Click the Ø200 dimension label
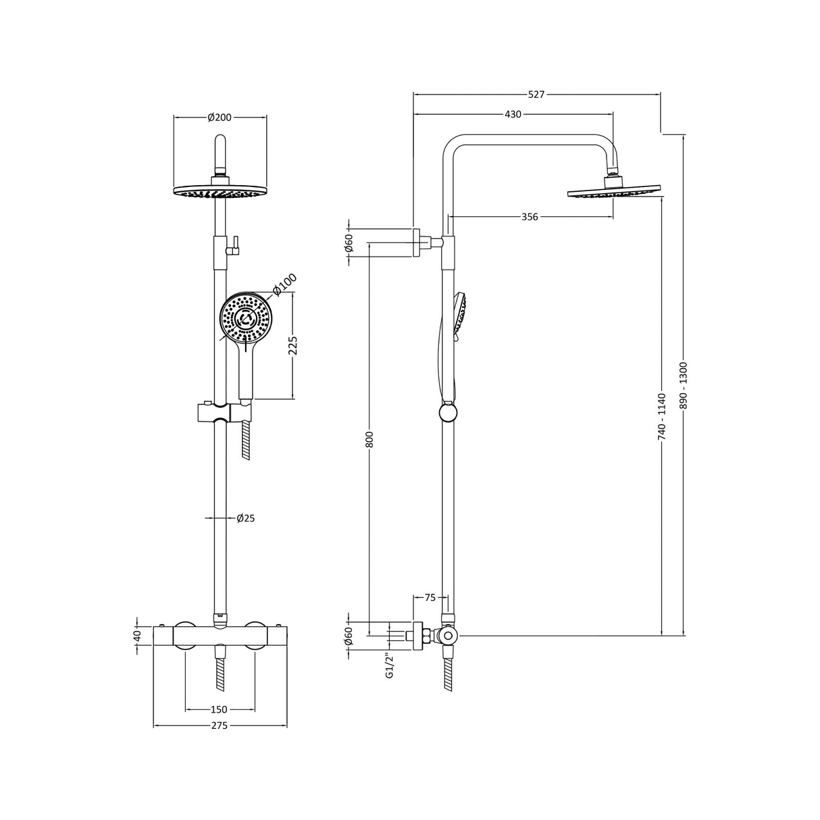(x=220, y=118)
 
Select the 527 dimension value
(x=536, y=95)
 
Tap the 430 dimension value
(x=513, y=114)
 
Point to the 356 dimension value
(x=530, y=217)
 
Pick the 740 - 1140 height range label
(x=662, y=417)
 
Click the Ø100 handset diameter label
(x=284, y=285)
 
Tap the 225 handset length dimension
(x=293, y=346)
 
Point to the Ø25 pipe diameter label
(x=245, y=519)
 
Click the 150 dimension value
(x=219, y=709)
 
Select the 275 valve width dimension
(x=220, y=726)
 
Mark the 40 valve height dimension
(x=137, y=636)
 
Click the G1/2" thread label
(x=389, y=665)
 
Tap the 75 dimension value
(x=430, y=597)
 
